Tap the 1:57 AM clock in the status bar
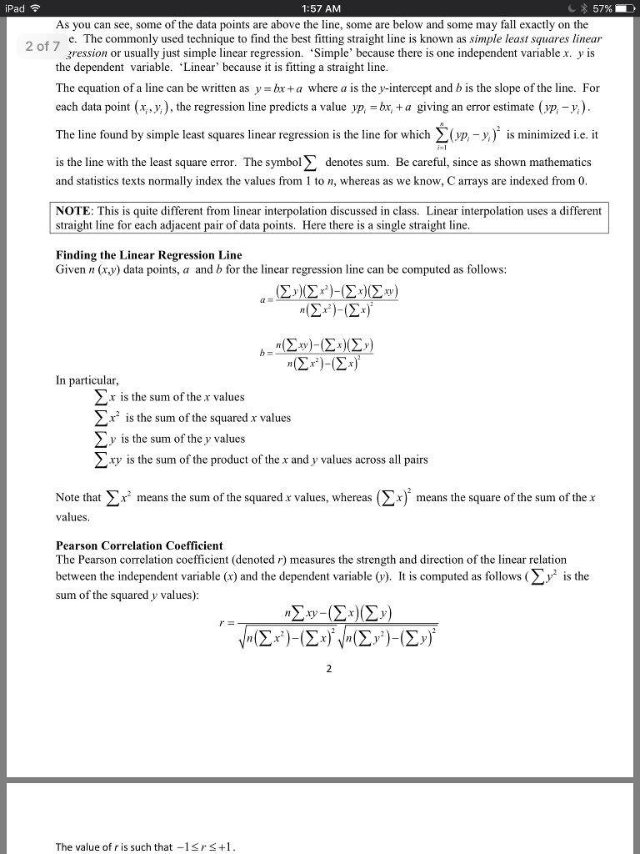320,8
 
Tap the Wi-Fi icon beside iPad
34,8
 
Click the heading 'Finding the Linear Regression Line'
148,255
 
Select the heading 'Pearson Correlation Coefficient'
139,545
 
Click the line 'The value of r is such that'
146,847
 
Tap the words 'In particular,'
82,379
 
